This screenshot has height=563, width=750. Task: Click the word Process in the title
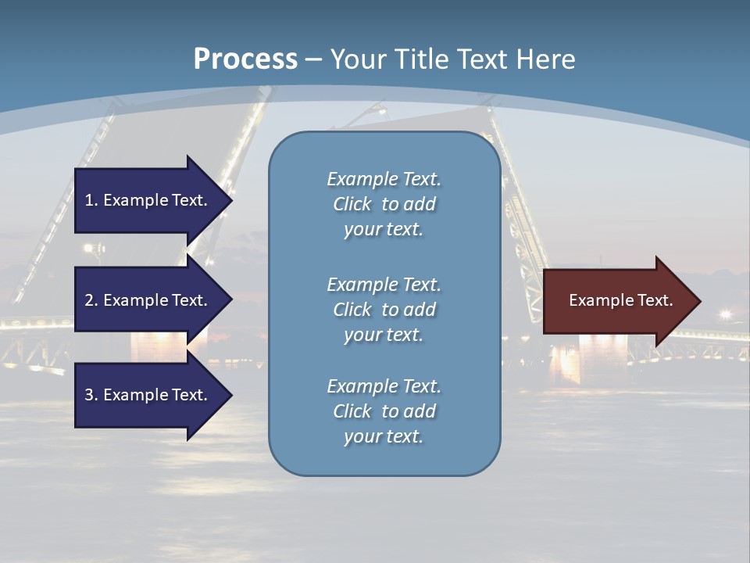click(245, 59)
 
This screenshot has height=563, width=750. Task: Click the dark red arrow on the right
click(617, 301)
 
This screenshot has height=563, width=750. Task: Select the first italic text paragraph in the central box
click(384, 204)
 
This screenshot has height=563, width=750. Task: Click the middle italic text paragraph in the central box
click(384, 310)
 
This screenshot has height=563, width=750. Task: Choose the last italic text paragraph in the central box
click(384, 411)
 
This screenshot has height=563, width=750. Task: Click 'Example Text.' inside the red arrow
click(620, 300)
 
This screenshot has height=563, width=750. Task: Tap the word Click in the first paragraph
click(352, 204)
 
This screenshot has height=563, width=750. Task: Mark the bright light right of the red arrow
click(726, 314)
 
